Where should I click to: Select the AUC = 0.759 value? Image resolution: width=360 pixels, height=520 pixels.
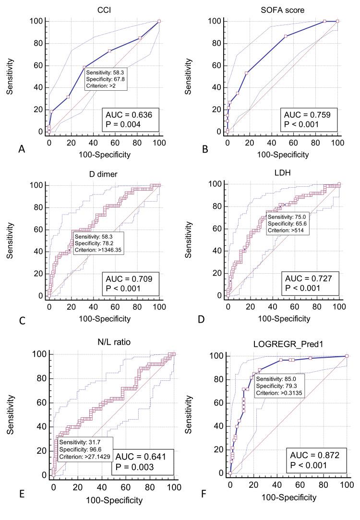[305, 115]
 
